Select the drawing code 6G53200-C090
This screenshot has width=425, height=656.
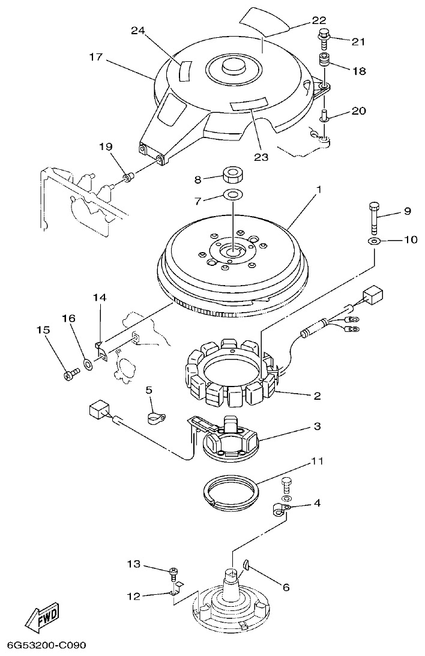pos(47,646)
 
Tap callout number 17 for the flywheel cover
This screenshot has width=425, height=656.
pos(97,58)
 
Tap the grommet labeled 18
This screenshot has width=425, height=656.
pos(325,62)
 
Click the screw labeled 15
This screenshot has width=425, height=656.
pos(69,375)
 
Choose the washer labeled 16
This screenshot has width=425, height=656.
pos(88,364)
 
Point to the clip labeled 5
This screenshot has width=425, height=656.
pos(158,415)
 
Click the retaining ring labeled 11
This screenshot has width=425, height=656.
pos(229,491)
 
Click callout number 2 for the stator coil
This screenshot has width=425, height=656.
pos(316,396)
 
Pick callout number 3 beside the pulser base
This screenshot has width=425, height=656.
pos(316,427)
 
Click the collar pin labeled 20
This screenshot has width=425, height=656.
pos(325,115)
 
